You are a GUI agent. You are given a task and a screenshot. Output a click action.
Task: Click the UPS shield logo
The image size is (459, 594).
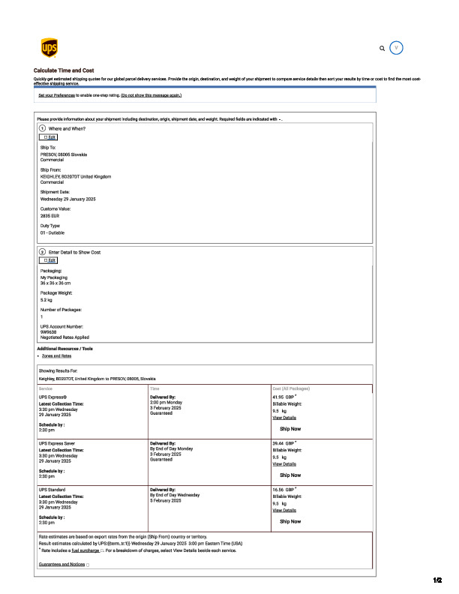(49, 49)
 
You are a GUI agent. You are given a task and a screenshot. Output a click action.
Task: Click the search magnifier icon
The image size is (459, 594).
(382, 48)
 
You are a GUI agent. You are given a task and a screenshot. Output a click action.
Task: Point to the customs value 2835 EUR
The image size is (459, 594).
(50, 215)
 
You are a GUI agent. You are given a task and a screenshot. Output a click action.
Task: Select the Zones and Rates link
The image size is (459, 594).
(55, 355)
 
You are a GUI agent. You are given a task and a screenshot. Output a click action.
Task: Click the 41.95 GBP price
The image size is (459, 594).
(283, 397)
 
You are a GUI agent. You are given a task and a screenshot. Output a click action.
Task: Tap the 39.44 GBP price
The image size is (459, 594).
(283, 443)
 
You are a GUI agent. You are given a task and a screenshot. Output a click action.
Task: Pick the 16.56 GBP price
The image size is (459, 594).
(283, 489)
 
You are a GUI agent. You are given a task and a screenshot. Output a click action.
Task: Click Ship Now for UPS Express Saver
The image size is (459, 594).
(290, 475)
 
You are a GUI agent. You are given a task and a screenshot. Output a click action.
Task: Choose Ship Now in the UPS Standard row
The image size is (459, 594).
(290, 521)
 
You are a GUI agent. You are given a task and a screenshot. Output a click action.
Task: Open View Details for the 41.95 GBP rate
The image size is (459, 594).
(284, 418)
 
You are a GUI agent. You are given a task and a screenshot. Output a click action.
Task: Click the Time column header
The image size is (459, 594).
(154, 388)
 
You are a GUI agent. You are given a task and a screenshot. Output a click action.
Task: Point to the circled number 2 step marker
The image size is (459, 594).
(42, 252)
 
